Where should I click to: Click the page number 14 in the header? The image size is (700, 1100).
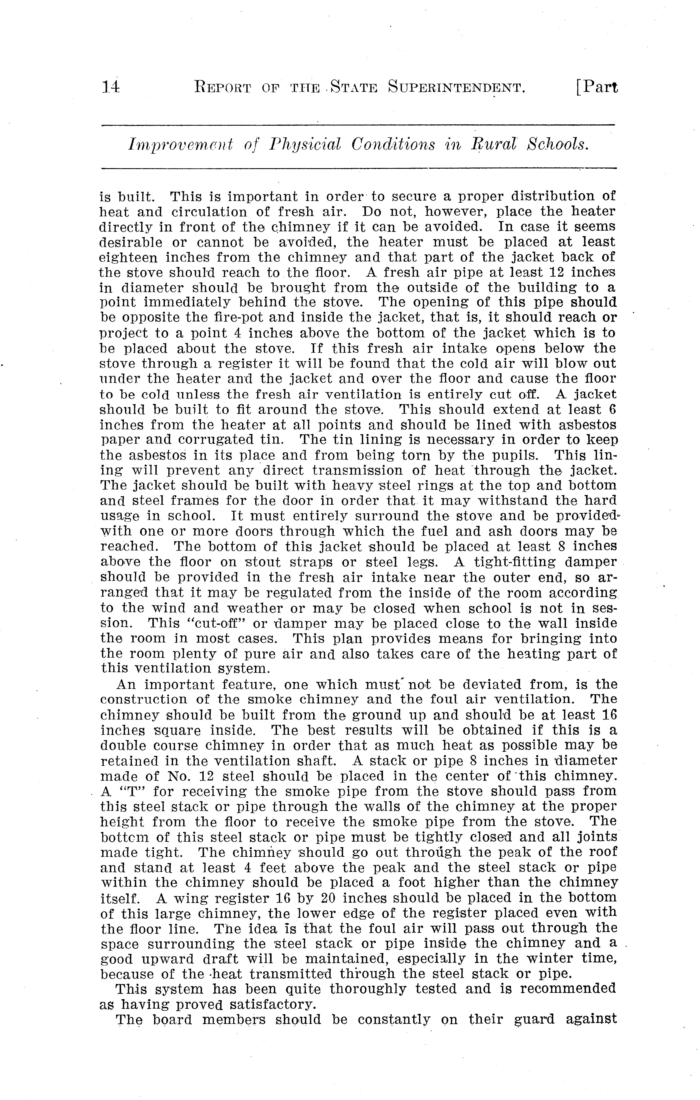coord(111,87)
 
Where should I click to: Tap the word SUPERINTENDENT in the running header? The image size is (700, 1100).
coord(456,87)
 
